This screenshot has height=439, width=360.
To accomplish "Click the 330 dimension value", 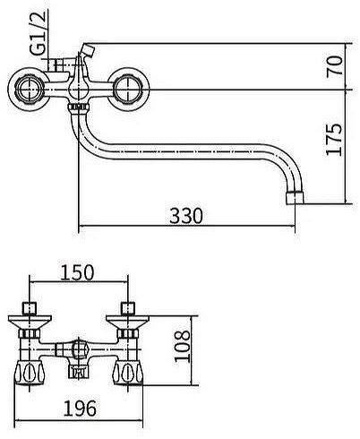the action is pyautogui.click(x=185, y=215).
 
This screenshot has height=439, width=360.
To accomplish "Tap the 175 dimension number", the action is pyautogui.click(x=333, y=139).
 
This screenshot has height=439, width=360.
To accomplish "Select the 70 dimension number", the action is pyautogui.click(x=333, y=66).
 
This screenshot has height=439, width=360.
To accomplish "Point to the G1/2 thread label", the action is pyautogui.click(x=39, y=33).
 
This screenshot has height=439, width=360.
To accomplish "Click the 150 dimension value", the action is pyautogui.click(x=77, y=272).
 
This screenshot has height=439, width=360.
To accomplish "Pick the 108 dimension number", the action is pyautogui.click(x=182, y=347).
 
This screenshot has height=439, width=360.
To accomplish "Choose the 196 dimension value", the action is pyautogui.click(x=80, y=409).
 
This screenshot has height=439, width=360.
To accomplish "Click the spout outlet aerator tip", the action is pyautogui.click(x=295, y=197).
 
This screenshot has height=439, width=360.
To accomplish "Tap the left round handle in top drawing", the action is pyautogui.click(x=29, y=90).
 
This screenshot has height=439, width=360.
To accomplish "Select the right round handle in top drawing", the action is pyautogui.click(x=128, y=90).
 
